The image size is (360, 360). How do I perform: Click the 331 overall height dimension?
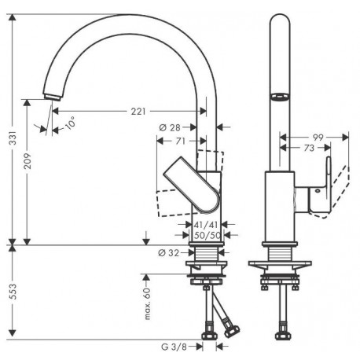(13, 138)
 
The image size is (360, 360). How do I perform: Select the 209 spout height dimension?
(28, 160)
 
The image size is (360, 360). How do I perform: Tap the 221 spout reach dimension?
(138, 112)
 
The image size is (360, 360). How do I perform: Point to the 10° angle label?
(70, 123)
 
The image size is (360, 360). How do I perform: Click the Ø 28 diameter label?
(170, 127)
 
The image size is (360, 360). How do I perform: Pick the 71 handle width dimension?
(180, 141)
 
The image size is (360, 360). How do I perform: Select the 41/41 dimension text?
(206, 225)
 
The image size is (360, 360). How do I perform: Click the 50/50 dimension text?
(208, 235)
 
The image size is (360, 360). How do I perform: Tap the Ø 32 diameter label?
(169, 253)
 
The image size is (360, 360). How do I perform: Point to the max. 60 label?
(148, 303)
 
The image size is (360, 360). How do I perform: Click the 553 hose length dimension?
(13, 292)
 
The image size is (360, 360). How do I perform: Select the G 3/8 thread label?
(174, 347)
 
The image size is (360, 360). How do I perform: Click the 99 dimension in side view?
(318, 138)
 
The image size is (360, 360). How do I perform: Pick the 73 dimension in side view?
(309, 148)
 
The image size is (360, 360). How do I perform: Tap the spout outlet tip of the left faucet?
(53, 97)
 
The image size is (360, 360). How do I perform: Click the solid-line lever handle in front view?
(192, 184)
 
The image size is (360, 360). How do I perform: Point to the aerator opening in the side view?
(280, 96)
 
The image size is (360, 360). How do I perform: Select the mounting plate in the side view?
(280, 263)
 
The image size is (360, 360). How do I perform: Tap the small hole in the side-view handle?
(318, 191)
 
